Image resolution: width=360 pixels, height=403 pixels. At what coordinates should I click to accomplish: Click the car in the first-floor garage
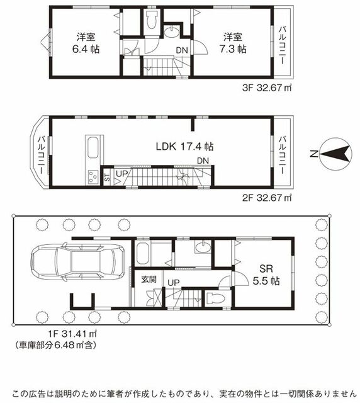[77, 262]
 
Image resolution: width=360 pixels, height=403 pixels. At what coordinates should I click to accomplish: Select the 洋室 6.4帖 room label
[86, 43]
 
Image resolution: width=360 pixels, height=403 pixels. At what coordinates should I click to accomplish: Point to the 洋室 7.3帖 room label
[233, 43]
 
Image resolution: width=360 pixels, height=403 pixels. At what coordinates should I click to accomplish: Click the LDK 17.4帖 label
[185, 147]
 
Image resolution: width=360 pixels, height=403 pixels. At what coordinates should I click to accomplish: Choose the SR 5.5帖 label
[266, 275]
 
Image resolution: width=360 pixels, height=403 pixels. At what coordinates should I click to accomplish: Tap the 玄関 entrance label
[149, 280]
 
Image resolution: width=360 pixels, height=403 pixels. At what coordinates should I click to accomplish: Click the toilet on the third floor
[152, 20]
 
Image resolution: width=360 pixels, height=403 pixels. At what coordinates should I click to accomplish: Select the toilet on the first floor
[216, 298]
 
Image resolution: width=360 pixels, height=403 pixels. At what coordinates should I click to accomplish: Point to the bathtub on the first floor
[143, 253]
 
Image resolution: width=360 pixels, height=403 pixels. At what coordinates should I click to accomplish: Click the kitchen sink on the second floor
[93, 147]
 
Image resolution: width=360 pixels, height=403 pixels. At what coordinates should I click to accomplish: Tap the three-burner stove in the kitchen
[93, 177]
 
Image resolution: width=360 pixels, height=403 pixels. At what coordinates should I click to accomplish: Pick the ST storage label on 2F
[108, 177]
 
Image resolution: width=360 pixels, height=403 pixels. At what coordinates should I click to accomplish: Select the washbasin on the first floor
[203, 247]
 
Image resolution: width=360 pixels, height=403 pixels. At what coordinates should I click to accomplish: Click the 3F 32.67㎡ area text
[267, 88]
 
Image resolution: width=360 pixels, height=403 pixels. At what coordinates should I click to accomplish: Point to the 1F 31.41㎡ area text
[73, 334]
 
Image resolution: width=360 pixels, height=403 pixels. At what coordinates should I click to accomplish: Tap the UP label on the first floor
[174, 283]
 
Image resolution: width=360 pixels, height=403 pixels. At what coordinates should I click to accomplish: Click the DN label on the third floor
[182, 50]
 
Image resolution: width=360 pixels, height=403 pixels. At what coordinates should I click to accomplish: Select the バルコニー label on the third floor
[283, 45]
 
